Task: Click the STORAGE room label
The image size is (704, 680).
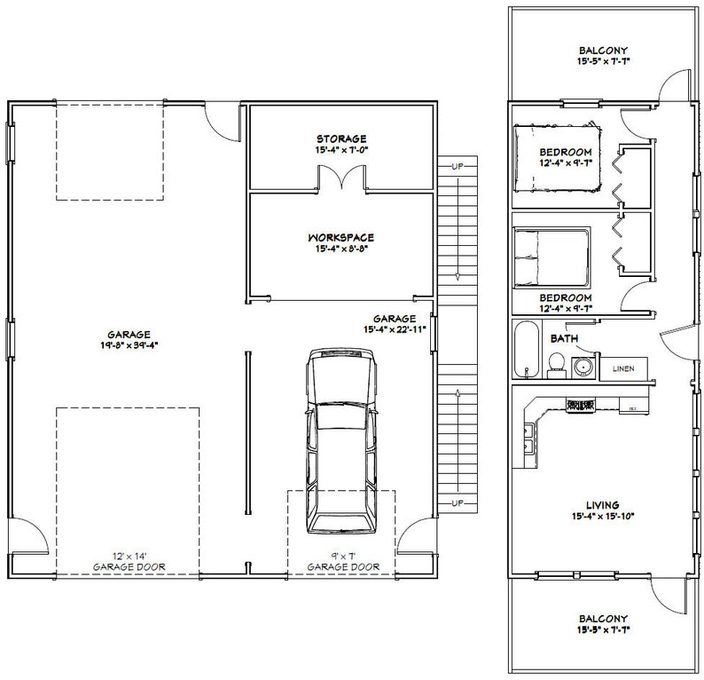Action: tap(341, 139)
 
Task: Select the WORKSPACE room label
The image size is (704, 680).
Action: tap(341, 238)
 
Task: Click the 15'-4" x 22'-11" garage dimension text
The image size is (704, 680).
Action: tap(395, 329)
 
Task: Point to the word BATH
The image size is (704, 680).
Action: tap(564, 339)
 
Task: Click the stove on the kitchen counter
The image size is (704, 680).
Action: tap(581, 405)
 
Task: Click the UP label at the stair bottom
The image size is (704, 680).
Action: tap(458, 504)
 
